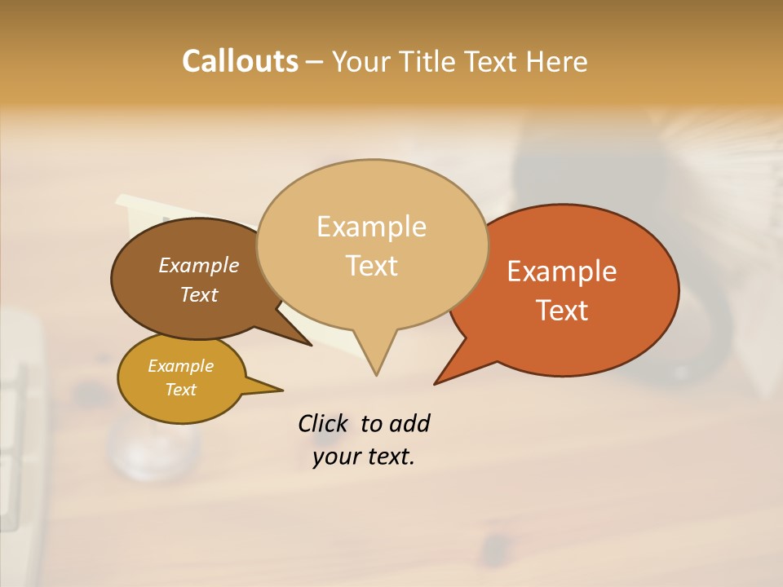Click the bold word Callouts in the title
[240, 61]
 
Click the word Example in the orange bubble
[562, 271]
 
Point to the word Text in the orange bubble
[562, 311]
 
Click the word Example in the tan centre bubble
[371, 227]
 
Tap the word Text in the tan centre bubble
[371, 266]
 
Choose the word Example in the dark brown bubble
[198, 265]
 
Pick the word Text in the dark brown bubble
[198, 294]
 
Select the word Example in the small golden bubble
[180, 366]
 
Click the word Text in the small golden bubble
[180, 390]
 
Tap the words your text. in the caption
[364, 457]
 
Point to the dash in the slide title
[316, 61]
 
